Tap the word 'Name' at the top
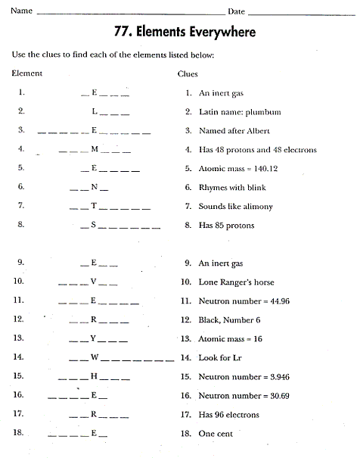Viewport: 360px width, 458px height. click(x=22, y=11)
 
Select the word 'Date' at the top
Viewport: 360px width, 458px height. click(x=235, y=11)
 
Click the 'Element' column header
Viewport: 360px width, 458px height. click(x=27, y=73)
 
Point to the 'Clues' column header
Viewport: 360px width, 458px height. click(x=188, y=73)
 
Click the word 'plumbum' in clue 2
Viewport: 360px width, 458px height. click(x=264, y=112)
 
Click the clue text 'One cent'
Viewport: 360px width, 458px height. click(x=216, y=433)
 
